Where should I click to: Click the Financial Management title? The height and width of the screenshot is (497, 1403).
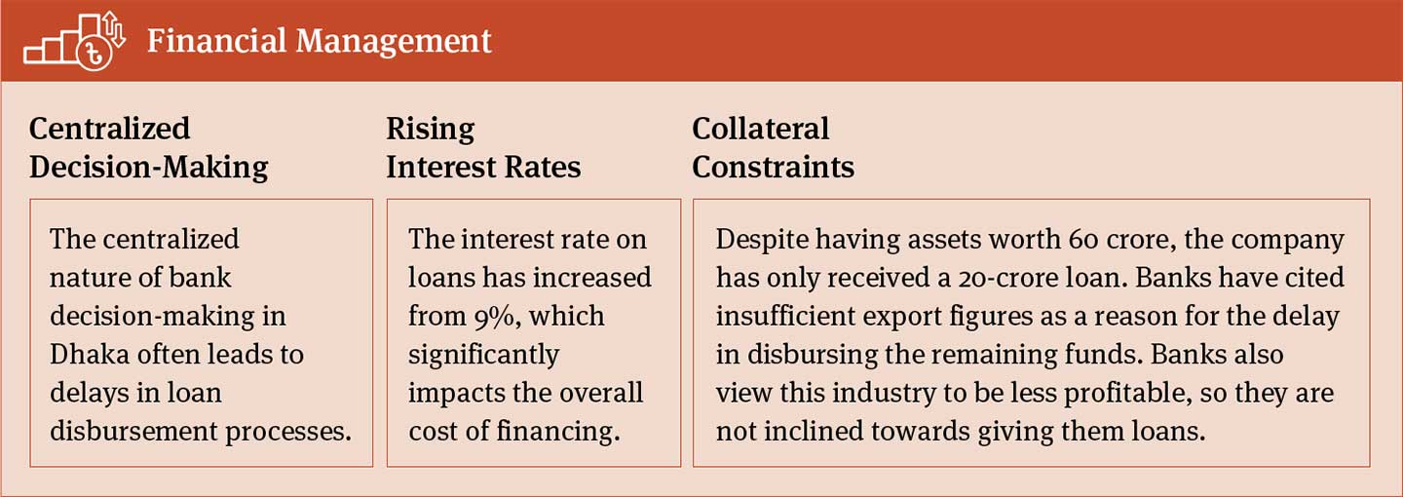click(x=320, y=41)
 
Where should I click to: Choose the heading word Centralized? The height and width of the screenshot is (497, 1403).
click(x=109, y=129)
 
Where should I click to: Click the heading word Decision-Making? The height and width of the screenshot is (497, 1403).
click(x=148, y=167)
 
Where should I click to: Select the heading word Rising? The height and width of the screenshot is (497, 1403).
click(x=430, y=129)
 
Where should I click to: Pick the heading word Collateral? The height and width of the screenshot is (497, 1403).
click(x=760, y=129)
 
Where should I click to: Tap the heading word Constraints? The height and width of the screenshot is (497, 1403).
click(x=773, y=167)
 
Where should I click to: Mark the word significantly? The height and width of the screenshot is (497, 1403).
click(x=483, y=354)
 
